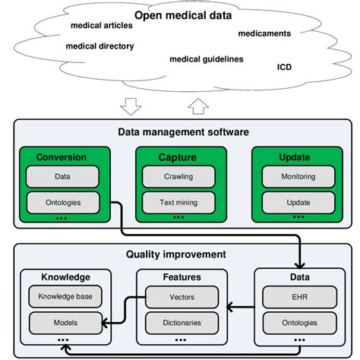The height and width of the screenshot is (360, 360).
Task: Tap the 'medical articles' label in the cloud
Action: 100,25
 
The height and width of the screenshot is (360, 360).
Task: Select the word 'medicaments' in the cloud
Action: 264,33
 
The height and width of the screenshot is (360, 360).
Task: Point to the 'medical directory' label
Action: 99,46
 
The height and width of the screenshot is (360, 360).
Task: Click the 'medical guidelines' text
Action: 206,59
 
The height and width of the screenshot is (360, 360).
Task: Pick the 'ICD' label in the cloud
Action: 284,67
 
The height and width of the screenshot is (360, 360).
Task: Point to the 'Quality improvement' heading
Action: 176,255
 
